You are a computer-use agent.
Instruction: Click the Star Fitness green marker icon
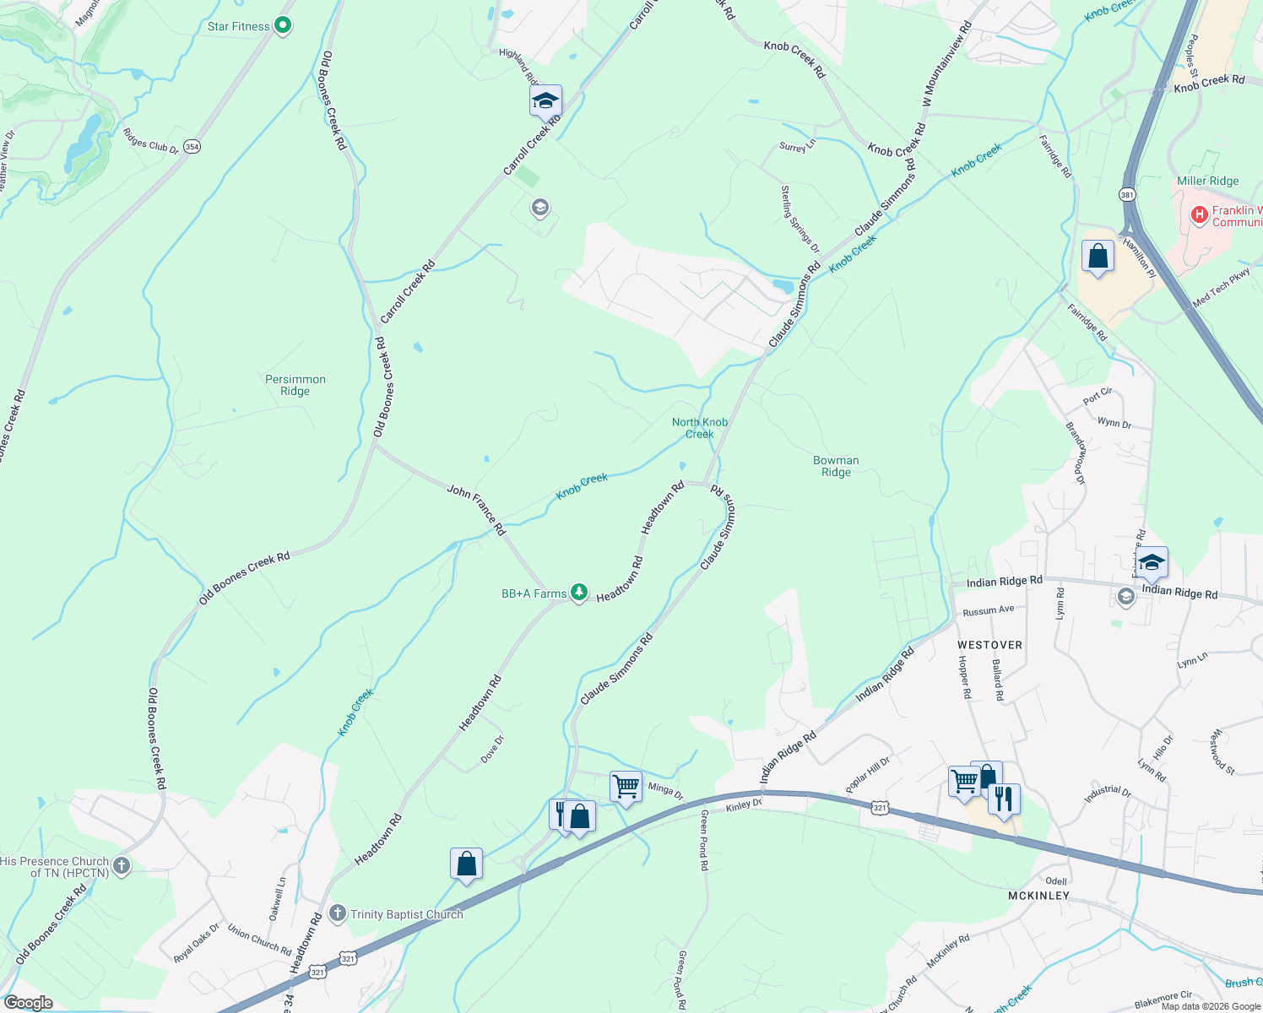click(x=284, y=26)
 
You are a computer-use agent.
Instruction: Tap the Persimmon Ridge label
click(x=295, y=385)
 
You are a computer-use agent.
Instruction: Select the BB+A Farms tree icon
click(x=579, y=593)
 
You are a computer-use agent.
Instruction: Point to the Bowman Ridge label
click(x=836, y=466)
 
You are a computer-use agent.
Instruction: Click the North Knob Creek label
click(x=700, y=428)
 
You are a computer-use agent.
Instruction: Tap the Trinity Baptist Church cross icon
click(x=338, y=913)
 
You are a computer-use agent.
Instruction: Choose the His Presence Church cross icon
click(x=122, y=866)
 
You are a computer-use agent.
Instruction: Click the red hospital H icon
click(x=1199, y=215)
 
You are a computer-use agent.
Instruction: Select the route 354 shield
click(x=192, y=146)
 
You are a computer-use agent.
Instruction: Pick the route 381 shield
click(x=1128, y=194)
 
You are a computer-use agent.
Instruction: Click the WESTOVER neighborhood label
click(x=989, y=645)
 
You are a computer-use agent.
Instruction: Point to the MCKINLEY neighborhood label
click(x=1038, y=895)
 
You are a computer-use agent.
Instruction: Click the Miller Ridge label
click(x=1208, y=181)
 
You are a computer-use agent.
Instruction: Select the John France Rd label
click(x=477, y=509)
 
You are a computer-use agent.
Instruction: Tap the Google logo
click(x=29, y=1003)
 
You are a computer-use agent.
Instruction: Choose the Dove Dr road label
click(x=492, y=750)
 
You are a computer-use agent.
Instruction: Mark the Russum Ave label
click(x=989, y=610)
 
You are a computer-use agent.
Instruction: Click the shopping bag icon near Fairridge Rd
click(x=1098, y=256)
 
